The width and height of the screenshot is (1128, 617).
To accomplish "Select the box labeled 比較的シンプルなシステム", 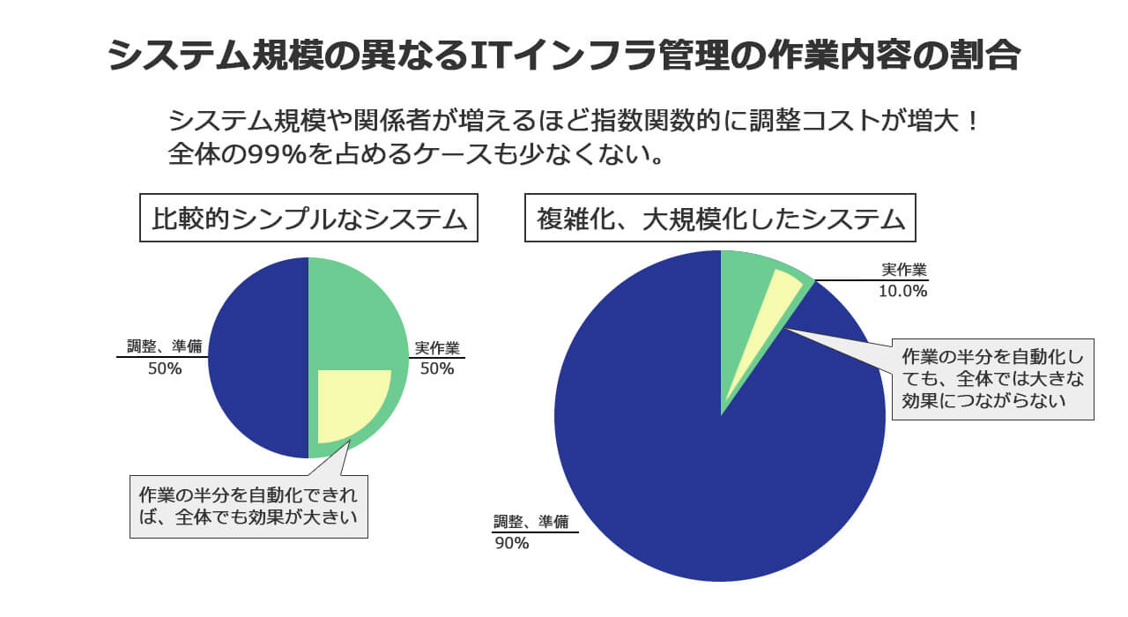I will coord(308,218).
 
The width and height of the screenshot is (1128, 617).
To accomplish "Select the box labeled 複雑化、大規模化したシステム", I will coord(721,218).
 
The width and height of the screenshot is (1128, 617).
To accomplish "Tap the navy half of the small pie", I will coord(257,358).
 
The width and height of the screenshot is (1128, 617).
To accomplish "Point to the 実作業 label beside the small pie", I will coord(437,347).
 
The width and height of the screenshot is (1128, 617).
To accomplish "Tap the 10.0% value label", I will coord(902,291).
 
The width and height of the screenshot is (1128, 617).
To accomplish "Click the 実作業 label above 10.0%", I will coord(904,270).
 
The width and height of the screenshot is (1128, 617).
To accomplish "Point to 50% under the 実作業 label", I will coord(437,369).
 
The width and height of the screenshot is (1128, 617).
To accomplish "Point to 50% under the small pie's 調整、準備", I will coord(164,369).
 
